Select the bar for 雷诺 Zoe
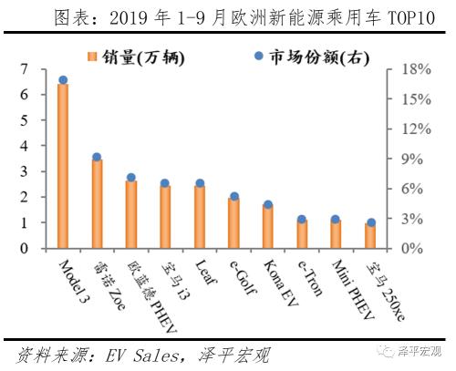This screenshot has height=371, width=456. [x=97, y=203]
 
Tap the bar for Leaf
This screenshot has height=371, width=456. [x=200, y=216]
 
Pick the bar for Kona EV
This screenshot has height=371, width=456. [x=268, y=226]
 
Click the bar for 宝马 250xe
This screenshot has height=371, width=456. [x=370, y=235]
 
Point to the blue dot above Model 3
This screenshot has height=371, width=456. [x=62, y=80]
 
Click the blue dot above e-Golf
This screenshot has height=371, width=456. [x=234, y=196]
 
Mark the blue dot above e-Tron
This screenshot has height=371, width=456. [x=302, y=220]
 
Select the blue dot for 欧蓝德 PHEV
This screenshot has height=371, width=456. [x=131, y=178]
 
